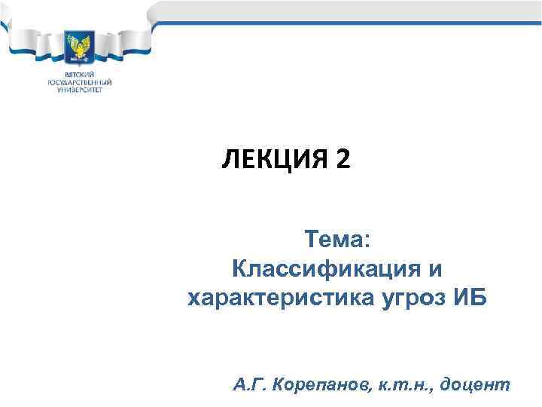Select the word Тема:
point(337,240)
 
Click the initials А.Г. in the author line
point(250,385)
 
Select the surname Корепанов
point(319,385)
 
